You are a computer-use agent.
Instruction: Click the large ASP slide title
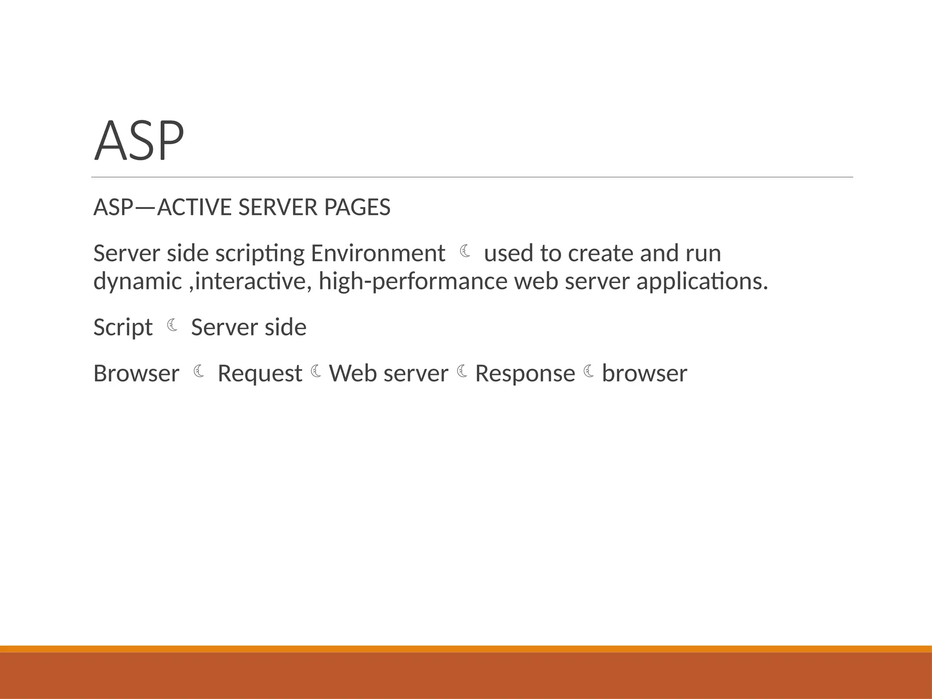139,141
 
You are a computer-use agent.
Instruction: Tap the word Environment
378,253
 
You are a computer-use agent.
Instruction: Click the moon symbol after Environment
465,251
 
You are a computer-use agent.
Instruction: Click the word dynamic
137,282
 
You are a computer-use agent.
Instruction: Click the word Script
123,328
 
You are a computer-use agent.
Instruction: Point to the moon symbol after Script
172,325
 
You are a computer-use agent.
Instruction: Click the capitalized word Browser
136,374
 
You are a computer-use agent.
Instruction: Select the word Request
260,374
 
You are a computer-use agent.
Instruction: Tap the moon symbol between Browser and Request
198,371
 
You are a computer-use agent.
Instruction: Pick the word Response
525,374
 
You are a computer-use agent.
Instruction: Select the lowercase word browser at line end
644,374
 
